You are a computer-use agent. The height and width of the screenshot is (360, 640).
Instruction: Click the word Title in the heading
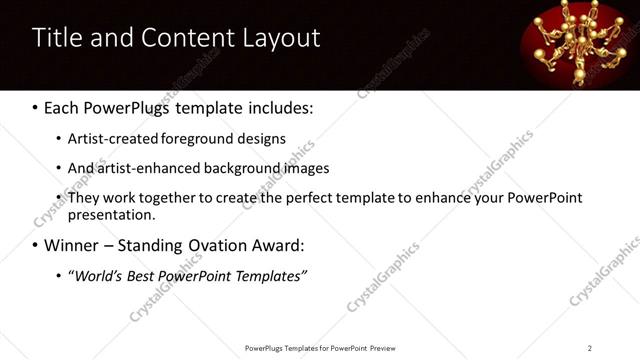(x=59, y=38)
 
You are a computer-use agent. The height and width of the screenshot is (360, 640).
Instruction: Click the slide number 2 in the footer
(x=590, y=347)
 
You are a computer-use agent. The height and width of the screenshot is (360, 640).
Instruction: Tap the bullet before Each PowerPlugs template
(x=37, y=107)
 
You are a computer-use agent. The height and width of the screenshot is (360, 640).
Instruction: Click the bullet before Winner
(x=37, y=245)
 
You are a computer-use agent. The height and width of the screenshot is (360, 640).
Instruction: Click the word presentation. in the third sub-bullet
(x=111, y=214)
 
